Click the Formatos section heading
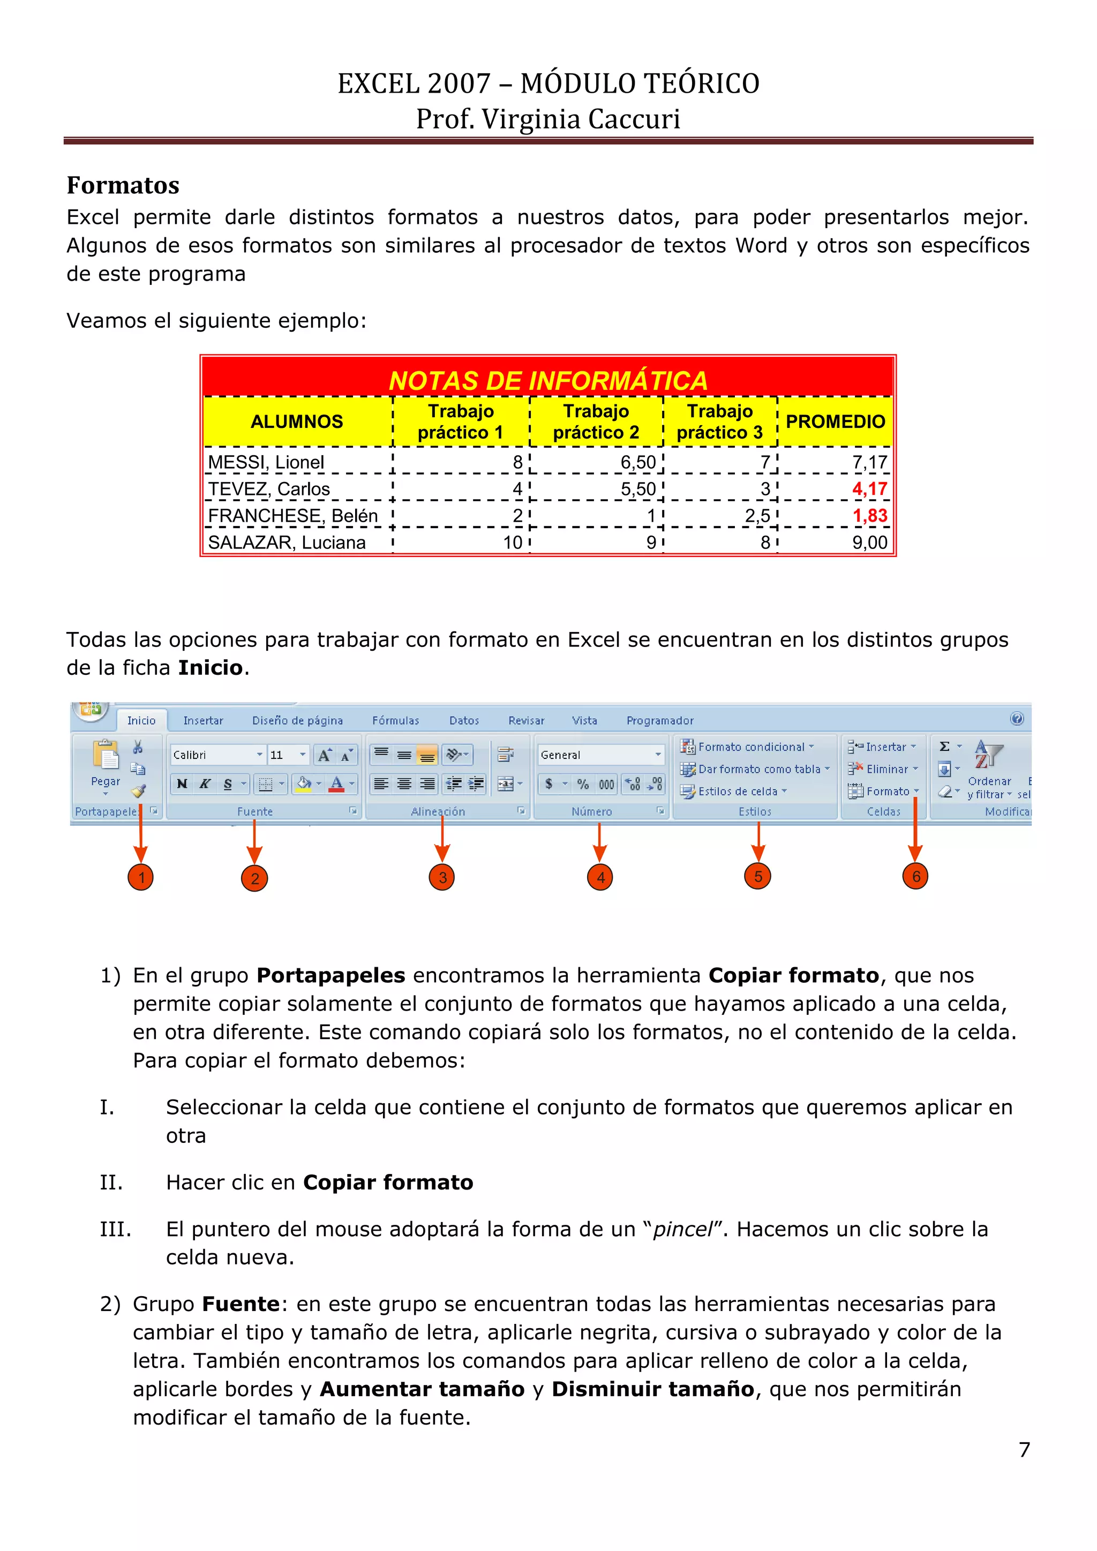123,185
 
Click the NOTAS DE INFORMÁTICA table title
548,380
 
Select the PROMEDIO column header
835,421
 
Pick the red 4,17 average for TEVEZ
869,488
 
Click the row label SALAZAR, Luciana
287,543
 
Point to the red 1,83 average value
869,515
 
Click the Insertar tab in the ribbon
202,721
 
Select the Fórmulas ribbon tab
395,721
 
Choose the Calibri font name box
213,755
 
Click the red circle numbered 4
600,877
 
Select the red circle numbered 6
915,877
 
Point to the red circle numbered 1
140,877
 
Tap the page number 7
1024,1450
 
